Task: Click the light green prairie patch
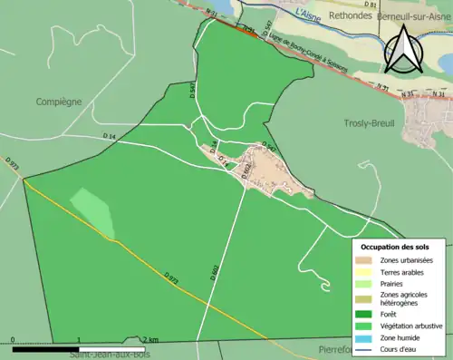pyautogui.click(x=92, y=212)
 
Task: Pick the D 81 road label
pyautogui.click(x=369, y=4)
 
